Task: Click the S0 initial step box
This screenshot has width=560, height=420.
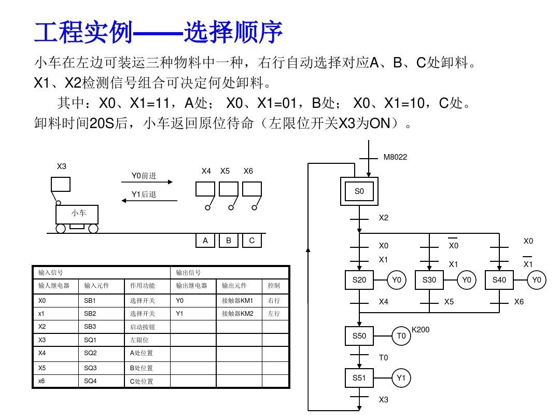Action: [359, 191]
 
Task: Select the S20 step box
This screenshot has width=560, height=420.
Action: [359, 280]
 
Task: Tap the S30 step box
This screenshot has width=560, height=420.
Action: [429, 280]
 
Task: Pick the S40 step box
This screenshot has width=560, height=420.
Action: [499, 280]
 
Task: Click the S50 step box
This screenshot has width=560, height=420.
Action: [359, 336]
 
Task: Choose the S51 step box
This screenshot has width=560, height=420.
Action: [359, 378]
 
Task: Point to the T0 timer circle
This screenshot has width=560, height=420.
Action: [401, 336]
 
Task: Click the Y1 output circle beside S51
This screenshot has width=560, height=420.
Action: [401, 378]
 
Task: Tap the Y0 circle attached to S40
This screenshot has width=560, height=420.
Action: [537, 280]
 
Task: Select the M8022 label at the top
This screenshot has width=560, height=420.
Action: [395, 157]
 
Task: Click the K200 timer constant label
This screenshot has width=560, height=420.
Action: [421, 329]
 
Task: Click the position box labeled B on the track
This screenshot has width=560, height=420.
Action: [229, 241]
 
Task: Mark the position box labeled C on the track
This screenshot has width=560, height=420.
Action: [252, 241]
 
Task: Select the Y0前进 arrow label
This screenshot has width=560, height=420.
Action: [144, 176]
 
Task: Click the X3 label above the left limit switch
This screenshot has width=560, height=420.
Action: [62, 166]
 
